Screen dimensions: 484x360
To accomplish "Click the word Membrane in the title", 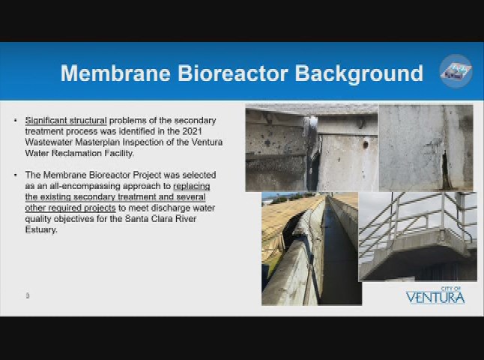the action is [115, 73].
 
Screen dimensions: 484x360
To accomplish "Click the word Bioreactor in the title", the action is [233, 73].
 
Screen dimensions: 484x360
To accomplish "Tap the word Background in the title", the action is [359, 73].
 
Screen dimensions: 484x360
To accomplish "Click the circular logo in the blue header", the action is [456, 71].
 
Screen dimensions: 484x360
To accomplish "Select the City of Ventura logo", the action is [435, 295].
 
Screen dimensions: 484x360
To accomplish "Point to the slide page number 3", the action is [28, 295].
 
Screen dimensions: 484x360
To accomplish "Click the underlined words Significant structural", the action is [66, 120].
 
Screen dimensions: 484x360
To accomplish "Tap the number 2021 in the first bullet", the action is [192, 131].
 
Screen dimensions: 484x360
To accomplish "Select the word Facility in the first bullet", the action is [118, 153].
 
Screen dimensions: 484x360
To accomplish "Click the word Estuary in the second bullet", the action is [41, 230].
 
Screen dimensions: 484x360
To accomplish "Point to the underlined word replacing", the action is [192, 186].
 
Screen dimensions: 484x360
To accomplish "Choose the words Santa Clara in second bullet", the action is [145, 219].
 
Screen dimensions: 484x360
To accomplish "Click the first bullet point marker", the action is [16, 120].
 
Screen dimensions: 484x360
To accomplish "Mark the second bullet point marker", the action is [16, 175].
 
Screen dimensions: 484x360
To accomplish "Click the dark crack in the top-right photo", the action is [445, 170].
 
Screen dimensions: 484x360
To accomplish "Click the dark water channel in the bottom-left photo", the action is [338, 256].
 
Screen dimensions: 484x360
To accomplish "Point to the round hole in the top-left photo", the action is [366, 144].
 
